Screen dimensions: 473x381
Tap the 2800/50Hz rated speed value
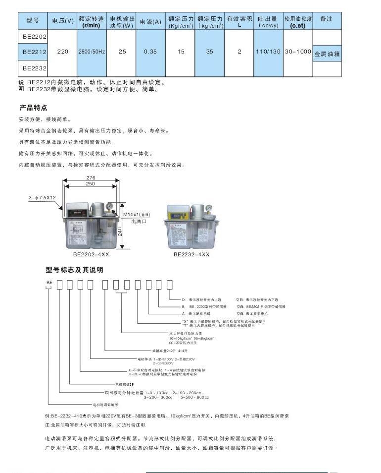tap(91, 52)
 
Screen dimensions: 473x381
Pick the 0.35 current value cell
tap(150, 52)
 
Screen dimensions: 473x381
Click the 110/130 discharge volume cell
tap(268, 52)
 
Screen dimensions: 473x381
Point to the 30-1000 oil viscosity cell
tap(298, 52)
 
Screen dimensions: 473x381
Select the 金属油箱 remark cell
tap(327, 54)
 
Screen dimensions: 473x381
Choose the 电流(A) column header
tap(150, 21)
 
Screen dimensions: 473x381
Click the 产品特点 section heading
tap(33, 108)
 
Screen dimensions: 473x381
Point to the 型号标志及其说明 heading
tap(74, 270)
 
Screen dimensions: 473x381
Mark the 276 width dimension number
tap(91, 177)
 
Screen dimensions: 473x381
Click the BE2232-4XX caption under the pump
tap(191, 254)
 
